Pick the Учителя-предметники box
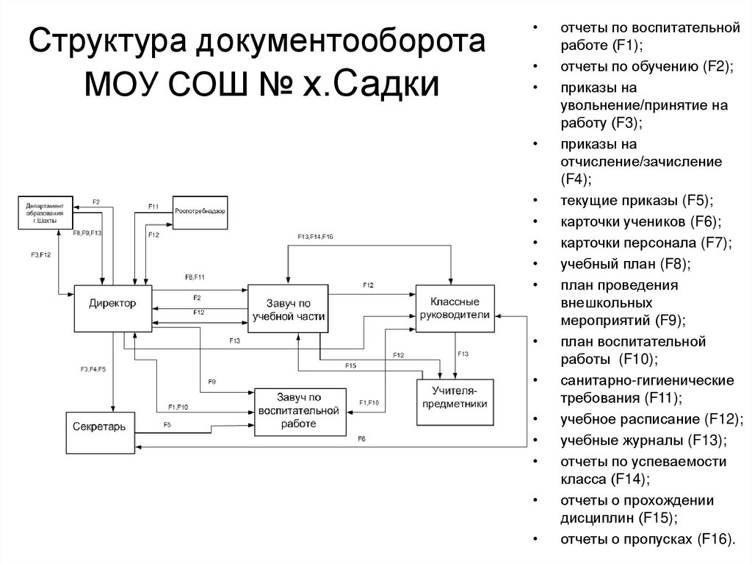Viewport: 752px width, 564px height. pos(455,401)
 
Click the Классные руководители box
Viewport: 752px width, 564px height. pos(455,308)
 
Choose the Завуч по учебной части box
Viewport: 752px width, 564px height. pos(288,309)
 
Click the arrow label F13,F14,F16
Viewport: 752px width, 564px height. pos(315,237)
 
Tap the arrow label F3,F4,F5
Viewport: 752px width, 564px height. pos(93,368)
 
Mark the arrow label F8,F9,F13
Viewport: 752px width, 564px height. pos(87,233)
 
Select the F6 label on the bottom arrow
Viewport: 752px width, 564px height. pos(361,439)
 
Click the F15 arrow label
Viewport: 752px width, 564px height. pos(350,365)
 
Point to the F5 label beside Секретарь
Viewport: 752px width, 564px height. pos(167,425)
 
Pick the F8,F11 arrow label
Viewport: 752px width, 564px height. pos(195,276)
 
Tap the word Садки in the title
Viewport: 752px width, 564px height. pos(386,84)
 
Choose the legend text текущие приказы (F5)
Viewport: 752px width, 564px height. pos(637,200)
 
